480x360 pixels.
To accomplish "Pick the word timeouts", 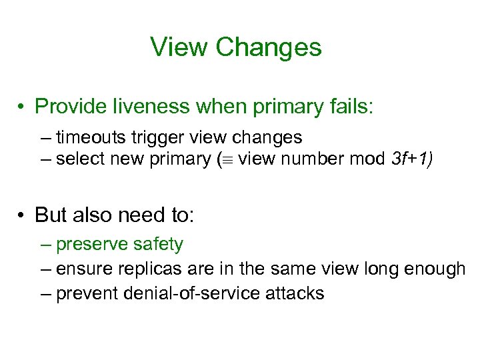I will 93,138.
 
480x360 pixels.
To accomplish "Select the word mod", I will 369,159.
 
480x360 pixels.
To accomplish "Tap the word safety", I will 157,245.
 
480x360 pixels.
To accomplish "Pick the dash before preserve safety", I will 45,245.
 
